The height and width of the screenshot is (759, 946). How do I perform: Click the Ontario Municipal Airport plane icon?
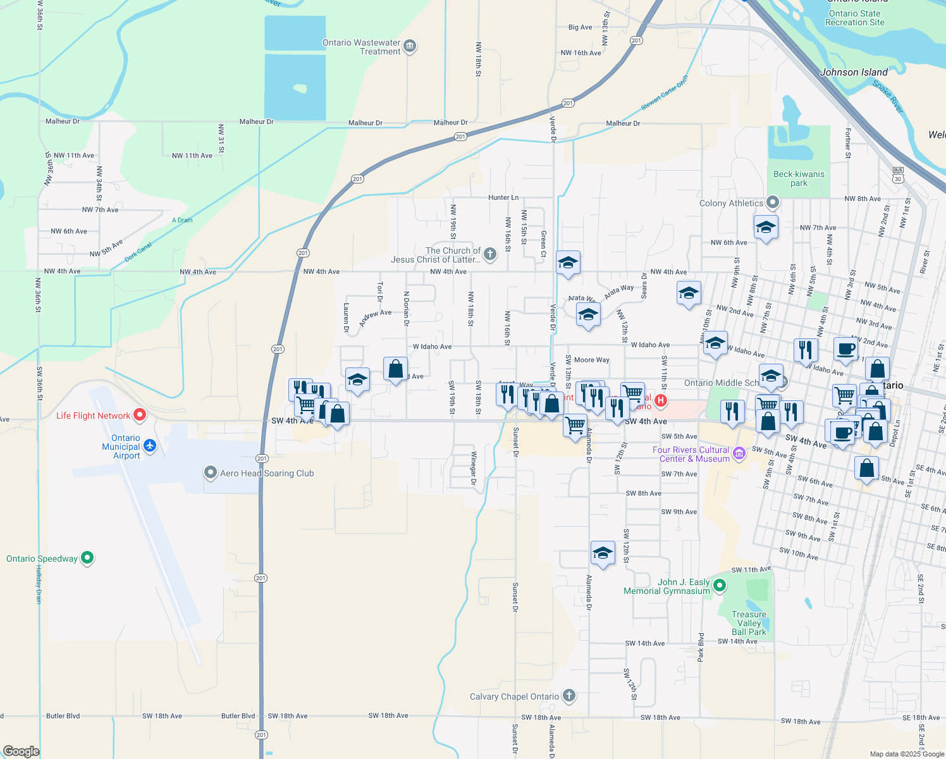[x=150, y=446]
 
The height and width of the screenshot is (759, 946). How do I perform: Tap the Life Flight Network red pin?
[x=140, y=415]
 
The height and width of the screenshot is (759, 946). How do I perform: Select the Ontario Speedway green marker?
[x=88, y=558]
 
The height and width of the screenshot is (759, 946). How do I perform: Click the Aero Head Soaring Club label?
[x=267, y=473]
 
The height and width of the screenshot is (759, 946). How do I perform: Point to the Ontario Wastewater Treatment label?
[x=361, y=47]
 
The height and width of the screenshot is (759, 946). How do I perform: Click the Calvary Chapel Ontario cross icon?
[x=569, y=696]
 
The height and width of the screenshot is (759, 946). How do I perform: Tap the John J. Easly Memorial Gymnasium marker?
[x=720, y=586]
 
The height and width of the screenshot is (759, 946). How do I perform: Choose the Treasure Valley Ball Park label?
[x=749, y=623]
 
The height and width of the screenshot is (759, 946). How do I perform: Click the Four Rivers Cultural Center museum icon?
[x=739, y=454]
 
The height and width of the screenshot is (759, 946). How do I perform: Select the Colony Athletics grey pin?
[x=772, y=203]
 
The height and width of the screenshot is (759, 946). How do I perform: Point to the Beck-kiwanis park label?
[x=799, y=178]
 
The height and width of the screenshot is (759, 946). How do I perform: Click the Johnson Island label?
[x=854, y=72]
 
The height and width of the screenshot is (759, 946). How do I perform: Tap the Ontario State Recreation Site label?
[x=854, y=18]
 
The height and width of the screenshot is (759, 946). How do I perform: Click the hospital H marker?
[x=661, y=400]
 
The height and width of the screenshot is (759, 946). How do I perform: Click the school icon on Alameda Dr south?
[x=602, y=553]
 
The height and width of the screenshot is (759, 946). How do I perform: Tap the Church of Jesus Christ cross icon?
[x=489, y=254]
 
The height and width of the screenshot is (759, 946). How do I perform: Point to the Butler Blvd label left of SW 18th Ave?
[x=63, y=716]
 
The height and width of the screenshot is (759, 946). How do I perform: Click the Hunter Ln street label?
[x=503, y=197]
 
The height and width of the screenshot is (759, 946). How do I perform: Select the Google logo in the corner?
[x=21, y=751]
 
